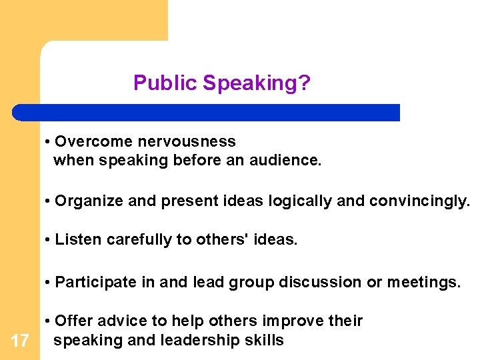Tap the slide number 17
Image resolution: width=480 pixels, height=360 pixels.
click(20, 342)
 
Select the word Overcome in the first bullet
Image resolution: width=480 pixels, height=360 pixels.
click(86, 141)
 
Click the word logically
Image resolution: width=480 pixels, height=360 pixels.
click(299, 201)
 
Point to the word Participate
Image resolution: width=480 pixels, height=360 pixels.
click(94, 282)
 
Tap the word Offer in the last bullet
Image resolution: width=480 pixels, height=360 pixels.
click(73, 321)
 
